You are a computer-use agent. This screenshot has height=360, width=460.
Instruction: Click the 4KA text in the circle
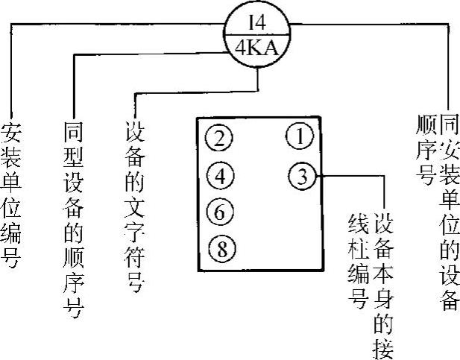[256, 50]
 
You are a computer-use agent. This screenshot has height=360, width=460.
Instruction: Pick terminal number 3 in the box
[300, 177]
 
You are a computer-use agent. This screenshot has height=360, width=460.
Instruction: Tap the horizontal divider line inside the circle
[256, 34]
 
